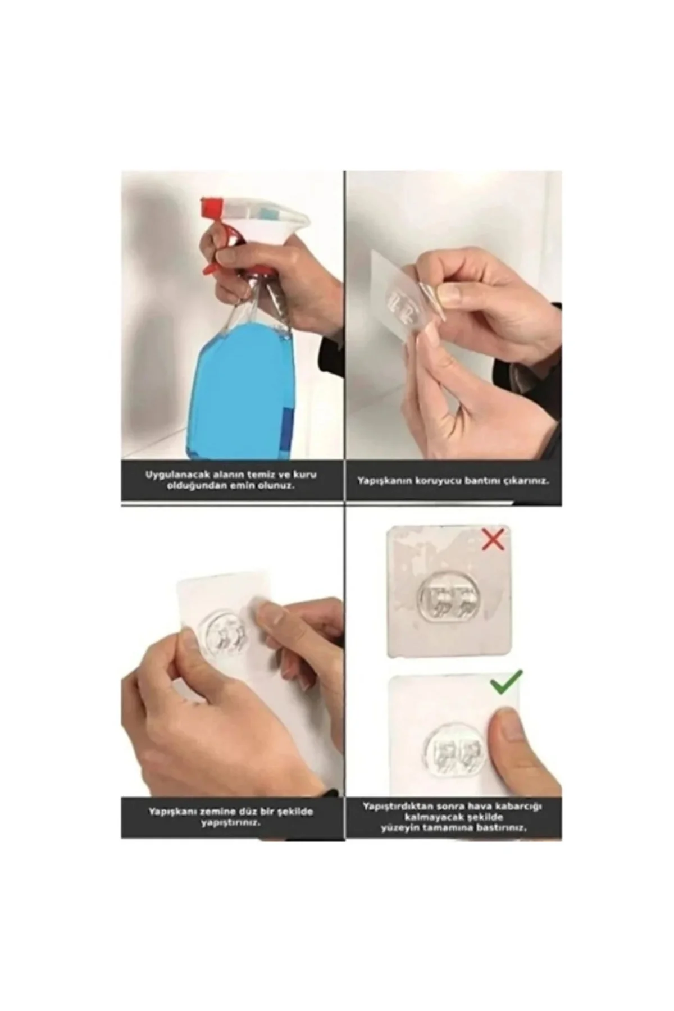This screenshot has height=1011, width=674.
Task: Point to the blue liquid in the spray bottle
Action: click(x=242, y=388)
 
